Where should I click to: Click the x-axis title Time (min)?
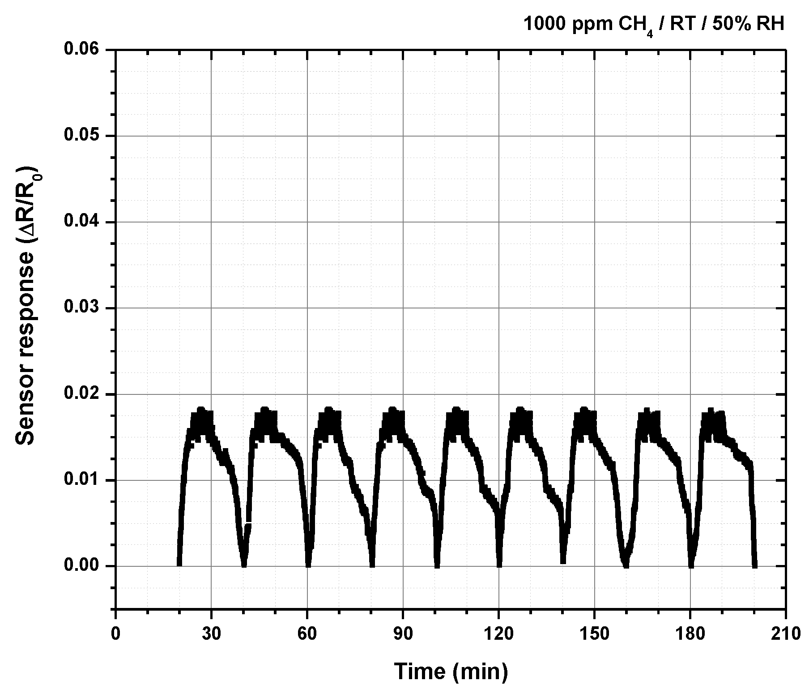[x=451, y=671]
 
